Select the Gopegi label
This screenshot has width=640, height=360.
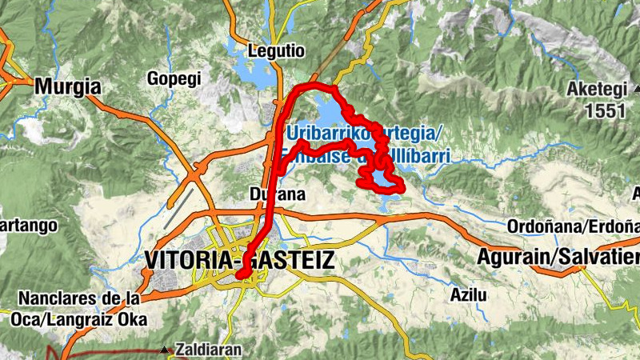point(174,78)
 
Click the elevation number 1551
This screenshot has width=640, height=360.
point(604,111)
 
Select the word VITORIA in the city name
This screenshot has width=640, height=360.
point(191,260)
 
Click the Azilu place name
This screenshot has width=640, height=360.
point(468,294)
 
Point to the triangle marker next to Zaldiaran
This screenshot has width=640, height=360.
point(164,350)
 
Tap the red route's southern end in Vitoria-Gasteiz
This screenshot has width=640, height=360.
point(240,276)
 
